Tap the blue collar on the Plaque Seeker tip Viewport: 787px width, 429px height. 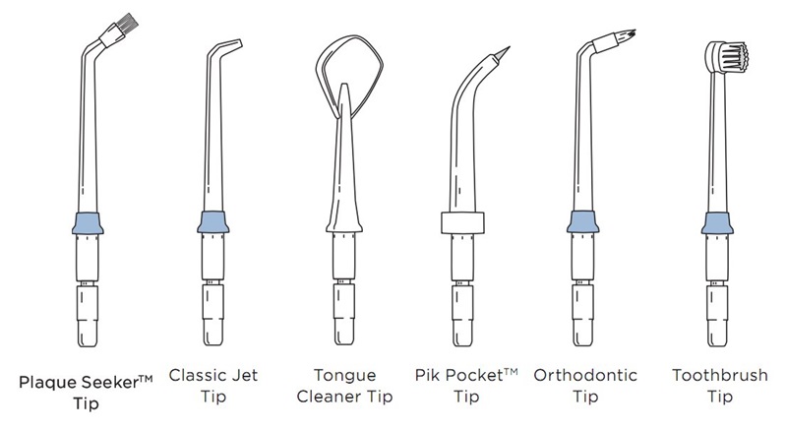pos(88,223)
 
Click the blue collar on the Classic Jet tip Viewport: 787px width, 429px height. pos(213,222)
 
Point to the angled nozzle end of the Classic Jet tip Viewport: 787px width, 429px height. pos(236,44)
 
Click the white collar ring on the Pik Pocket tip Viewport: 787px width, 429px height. pos(462,222)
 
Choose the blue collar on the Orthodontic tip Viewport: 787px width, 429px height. pos(582,221)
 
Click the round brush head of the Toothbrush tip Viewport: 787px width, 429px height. pos(727,56)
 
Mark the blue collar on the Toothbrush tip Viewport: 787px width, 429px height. pos(717,223)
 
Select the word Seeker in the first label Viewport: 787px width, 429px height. pos(110,383)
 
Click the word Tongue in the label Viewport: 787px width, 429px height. pos(345,376)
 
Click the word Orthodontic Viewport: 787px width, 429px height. pos(585,375)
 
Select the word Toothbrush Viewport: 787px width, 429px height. pos(720,375)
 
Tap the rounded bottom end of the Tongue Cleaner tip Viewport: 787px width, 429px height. pos(344,342)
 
